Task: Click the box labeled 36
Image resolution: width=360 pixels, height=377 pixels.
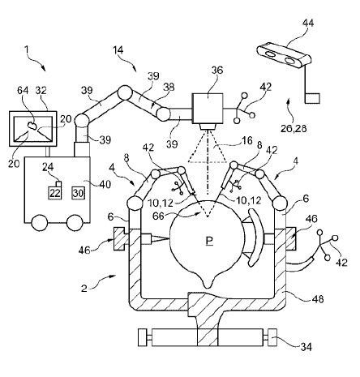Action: point(208,109)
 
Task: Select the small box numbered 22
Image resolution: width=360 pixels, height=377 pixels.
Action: point(55,193)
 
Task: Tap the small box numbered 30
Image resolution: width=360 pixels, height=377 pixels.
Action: point(79,193)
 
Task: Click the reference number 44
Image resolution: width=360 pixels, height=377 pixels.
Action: point(307,23)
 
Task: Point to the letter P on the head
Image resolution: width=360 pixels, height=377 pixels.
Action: point(209,240)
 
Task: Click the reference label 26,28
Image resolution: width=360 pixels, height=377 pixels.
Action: point(294,128)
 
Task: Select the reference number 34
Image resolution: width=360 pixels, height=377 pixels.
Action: point(306,346)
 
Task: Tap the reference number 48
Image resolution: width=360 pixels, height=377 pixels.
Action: point(318,299)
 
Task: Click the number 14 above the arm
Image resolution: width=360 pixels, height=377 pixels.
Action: point(118,50)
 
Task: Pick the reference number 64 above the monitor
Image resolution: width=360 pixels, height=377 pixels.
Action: point(23,90)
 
